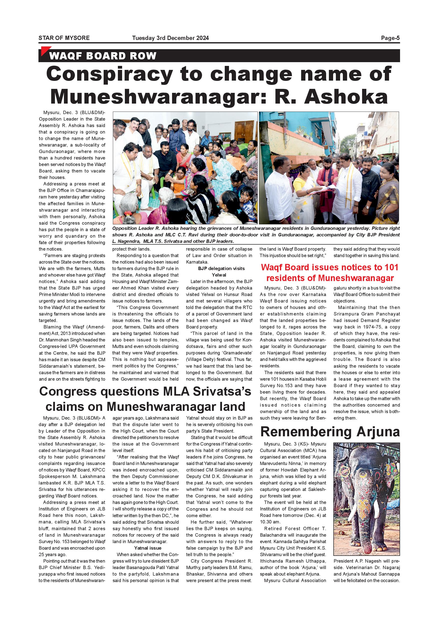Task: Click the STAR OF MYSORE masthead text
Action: click(x=64, y=38)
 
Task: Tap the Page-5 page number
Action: click(x=390, y=38)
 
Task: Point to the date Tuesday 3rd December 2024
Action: click(x=170, y=38)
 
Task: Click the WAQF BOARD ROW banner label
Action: click(x=103, y=56)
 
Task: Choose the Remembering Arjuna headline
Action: click(x=330, y=432)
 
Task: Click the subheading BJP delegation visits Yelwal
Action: click(x=219, y=272)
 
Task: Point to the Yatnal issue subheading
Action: click(x=148, y=548)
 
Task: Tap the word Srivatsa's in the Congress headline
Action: click(x=220, y=392)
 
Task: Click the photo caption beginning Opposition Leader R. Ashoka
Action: click(x=256, y=235)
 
